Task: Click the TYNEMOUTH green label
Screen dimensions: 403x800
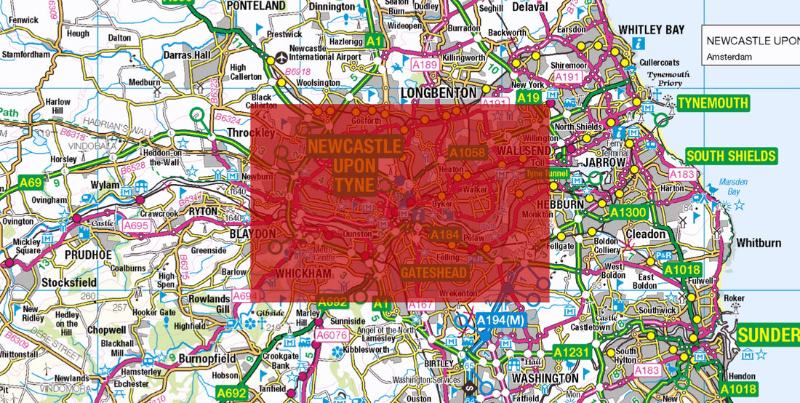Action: [x=713, y=103]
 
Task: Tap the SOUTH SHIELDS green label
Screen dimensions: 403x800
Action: [x=731, y=156]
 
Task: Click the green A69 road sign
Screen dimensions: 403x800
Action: [x=31, y=183]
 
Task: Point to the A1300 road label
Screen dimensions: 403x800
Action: [x=628, y=212]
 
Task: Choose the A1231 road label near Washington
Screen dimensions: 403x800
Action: [x=569, y=353]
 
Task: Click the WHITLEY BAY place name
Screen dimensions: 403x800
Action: [x=651, y=30]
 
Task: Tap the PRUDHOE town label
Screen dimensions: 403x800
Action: [x=88, y=255]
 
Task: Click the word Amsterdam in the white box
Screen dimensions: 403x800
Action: [x=729, y=56]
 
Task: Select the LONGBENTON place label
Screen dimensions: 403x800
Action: [x=439, y=93]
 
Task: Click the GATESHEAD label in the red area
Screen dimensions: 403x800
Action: [x=433, y=273]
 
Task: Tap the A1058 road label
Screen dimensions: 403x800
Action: [x=467, y=153]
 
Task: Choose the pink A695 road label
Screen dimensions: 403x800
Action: [x=136, y=226]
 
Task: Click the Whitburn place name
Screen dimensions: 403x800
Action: [x=758, y=242]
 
